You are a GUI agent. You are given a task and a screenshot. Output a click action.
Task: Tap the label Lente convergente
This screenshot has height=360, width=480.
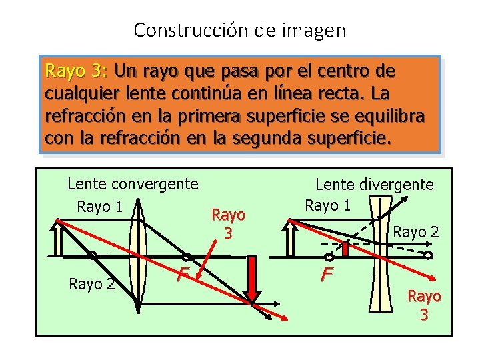pyautogui.click(x=133, y=183)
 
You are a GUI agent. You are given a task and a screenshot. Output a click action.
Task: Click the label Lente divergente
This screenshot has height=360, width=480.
pyautogui.click(x=374, y=185)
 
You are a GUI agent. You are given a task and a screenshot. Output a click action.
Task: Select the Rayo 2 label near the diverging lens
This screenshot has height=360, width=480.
pyautogui.click(x=416, y=232)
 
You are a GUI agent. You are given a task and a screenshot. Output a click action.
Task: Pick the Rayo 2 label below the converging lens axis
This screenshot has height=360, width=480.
pyautogui.click(x=91, y=285)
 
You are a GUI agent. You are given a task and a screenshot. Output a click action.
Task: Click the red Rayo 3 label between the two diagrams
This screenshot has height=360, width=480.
pyautogui.click(x=228, y=223)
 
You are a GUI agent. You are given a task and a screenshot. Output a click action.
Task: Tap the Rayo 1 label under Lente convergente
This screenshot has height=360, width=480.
pyautogui.click(x=100, y=207)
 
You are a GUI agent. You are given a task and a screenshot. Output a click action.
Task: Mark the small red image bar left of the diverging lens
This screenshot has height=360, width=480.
pyautogui.click(x=346, y=249)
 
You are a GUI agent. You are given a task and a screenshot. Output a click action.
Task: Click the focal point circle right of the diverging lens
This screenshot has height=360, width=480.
pyautogui.click(x=429, y=255)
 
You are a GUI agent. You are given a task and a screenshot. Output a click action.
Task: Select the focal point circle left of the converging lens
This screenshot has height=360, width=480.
pyautogui.click(x=92, y=255)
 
